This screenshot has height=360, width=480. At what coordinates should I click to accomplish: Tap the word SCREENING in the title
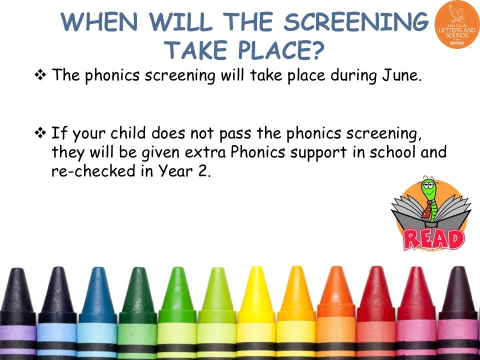[356, 22]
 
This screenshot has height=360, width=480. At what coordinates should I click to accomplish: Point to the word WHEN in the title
[99, 22]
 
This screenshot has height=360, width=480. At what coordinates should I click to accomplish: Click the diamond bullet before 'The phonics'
[40, 75]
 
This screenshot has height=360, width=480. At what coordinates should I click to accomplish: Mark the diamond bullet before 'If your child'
[40, 133]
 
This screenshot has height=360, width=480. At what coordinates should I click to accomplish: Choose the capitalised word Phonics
[258, 152]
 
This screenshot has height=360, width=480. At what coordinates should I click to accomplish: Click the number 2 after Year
[202, 171]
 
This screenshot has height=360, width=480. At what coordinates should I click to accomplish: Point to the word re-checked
[93, 171]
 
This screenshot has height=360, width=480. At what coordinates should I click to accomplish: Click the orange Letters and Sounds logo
[456, 24]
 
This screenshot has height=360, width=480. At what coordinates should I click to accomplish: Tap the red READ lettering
[433, 239]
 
